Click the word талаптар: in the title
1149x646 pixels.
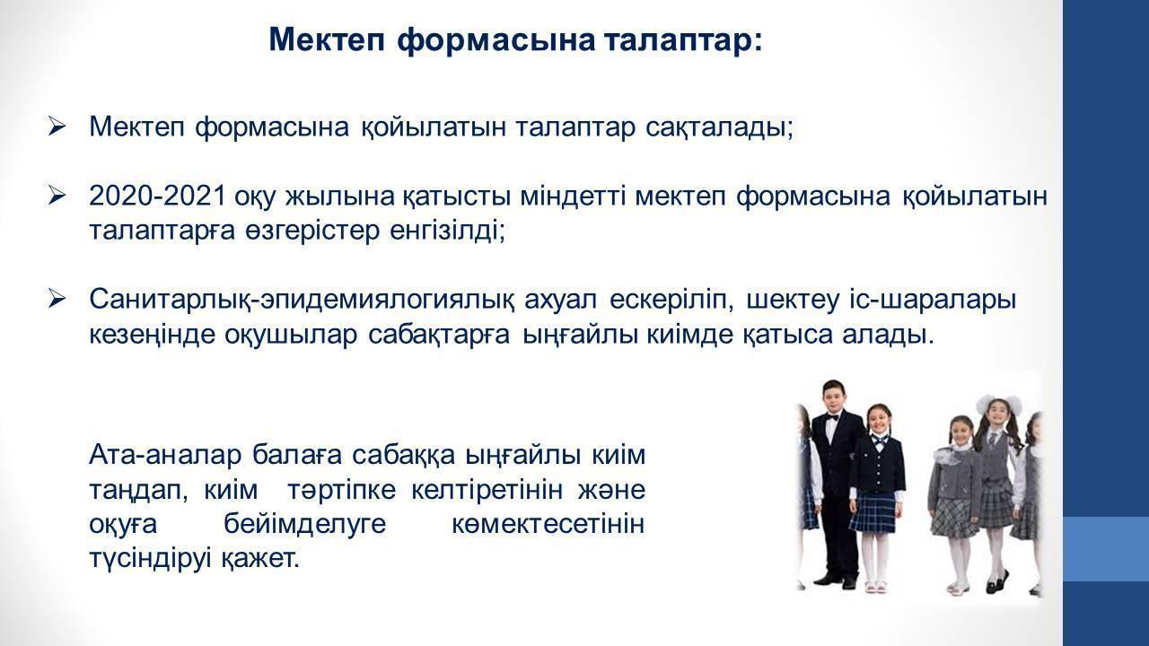[683, 40]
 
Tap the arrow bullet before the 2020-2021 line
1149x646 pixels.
[57, 196]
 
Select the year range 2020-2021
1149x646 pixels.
[157, 196]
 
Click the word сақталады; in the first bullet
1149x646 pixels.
[720, 127]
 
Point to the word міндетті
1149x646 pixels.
[573, 196]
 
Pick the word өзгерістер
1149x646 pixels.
[313, 231]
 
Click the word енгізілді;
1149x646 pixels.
[448, 231]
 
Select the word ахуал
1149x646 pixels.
[560, 300]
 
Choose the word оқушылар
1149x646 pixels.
[290, 336]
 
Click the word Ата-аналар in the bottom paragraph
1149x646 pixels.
[164, 455]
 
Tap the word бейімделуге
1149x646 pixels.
[304, 524]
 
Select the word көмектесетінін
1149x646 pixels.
[548, 524]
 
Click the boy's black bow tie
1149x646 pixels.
[832, 418]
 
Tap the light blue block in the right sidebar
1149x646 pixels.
[1106, 548]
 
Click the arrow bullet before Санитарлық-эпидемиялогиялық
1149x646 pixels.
[57, 300]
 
